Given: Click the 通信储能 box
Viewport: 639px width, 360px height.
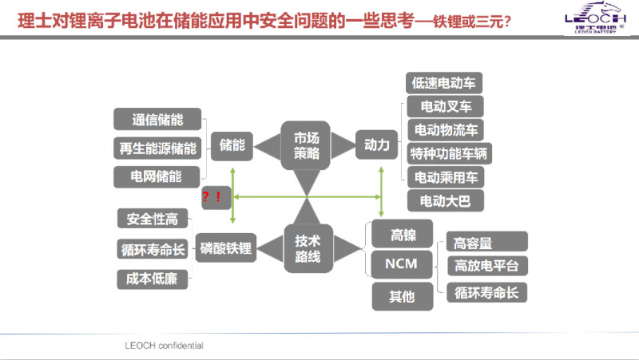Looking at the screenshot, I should pyautogui.click(x=157, y=121).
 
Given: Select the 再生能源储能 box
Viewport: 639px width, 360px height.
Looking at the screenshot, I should pyautogui.click(x=157, y=148).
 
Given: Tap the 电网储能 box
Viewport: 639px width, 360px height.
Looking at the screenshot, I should pyautogui.click(x=157, y=175).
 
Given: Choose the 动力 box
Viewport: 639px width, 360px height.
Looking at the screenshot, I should pyautogui.click(x=376, y=145).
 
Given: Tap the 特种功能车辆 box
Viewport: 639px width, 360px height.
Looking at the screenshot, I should pyautogui.click(x=450, y=152).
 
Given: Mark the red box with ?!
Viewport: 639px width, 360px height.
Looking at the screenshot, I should pyautogui.click(x=212, y=196).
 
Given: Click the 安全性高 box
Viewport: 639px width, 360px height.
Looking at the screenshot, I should pyautogui.click(x=152, y=220).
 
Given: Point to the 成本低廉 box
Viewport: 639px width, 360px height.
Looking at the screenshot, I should pyautogui.click(x=152, y=279).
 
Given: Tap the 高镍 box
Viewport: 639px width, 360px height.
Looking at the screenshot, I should pyautogui.click(x=402, y=235).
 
